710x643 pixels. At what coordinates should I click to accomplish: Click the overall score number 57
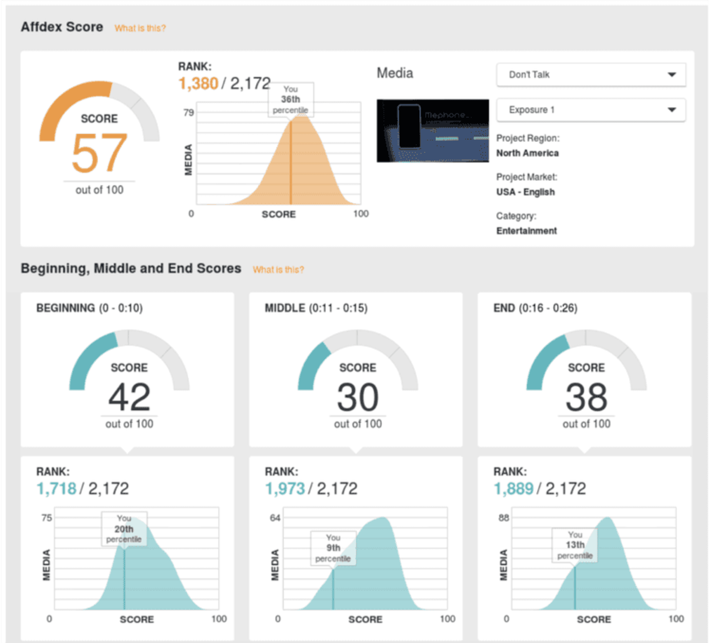tap(99, 153)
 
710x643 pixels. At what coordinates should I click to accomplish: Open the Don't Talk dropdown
tap(591, 75)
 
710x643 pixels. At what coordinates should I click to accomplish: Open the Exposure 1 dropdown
tap(591, 110)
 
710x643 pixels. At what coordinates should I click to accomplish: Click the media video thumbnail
tap(432, 131)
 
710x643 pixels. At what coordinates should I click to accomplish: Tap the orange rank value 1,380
tap(198, 84)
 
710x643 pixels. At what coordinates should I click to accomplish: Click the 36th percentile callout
tap(291, 100)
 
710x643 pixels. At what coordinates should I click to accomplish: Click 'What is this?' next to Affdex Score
tap(140, 28)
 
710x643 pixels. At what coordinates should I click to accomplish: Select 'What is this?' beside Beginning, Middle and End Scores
tap(278, 269)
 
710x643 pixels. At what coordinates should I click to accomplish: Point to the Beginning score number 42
tap(129, 397)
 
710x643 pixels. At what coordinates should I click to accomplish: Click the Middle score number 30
tap(358, 397)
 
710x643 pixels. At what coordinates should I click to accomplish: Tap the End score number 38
tap(586, 397)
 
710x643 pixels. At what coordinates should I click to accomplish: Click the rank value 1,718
tap(57, 489)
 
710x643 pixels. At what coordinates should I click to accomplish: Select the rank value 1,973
tap(285, 489)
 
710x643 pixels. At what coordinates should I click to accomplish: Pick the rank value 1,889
tap(514, 489)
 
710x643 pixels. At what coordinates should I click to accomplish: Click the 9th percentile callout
tap(333, 548)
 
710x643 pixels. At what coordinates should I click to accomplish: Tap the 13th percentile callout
tap(575, 545)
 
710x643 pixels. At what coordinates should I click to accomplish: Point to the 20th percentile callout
tap(124, 529)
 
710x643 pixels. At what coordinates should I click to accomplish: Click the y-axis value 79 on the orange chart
tap(189, 112)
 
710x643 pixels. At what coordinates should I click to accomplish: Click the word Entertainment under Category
tap(526, 231)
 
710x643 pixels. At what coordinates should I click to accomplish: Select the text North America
tap(527, 153)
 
